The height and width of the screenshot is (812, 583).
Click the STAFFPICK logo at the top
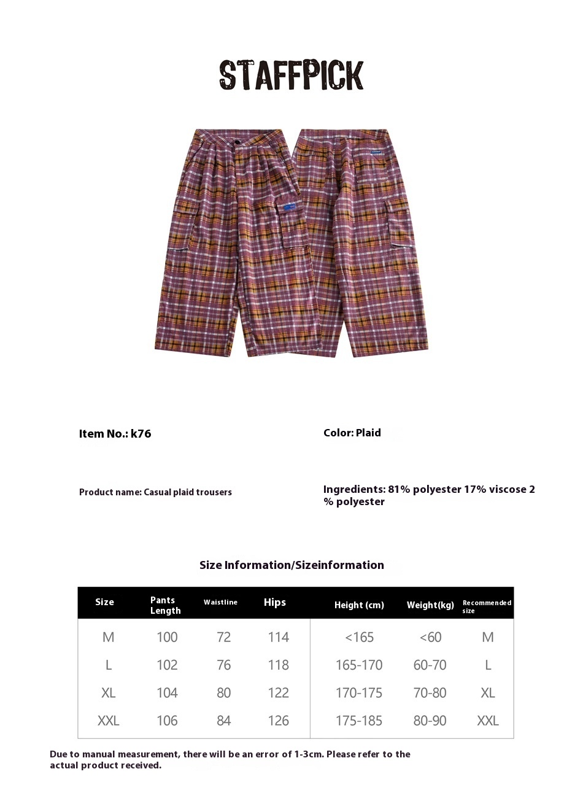[291, 75]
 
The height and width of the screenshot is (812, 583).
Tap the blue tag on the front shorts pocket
[293, 207]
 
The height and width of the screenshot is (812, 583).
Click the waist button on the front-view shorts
[237, 143]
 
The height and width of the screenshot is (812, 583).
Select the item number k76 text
[115, 433]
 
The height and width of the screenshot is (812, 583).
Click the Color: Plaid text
[352, 433]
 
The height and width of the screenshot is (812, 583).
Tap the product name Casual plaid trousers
[155, 492]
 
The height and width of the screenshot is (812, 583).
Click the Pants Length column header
[165, 605]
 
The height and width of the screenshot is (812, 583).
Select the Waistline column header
[220, 602]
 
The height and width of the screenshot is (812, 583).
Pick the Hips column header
[275, 602]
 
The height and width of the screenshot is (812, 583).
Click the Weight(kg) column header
[430, 605]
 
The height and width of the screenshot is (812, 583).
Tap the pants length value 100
[167, 637]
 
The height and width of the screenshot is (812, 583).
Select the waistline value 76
[223, 665]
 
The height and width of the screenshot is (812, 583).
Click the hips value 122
[278, 693]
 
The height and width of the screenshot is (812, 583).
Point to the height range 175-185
[359, 721]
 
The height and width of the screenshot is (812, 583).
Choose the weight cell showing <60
[430, 637]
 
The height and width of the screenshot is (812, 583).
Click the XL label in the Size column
[108, 693]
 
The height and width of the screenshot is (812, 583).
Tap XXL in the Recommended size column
[488, 721]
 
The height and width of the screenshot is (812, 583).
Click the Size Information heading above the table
[291, 565]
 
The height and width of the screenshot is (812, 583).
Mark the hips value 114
[278, 637]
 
